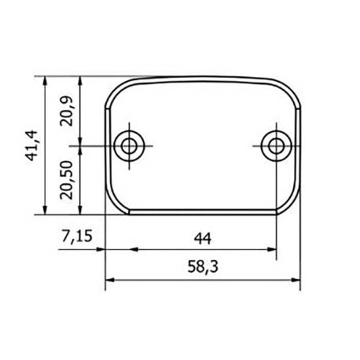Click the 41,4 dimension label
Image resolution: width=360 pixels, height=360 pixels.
[x=33, y=145]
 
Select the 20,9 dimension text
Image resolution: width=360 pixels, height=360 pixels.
[x=67, y=111]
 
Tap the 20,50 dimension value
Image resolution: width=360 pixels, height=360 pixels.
[x=66, y=180]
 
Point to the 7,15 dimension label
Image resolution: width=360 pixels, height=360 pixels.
[x=77, y=236]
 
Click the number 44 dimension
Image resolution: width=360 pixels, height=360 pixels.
[x=203, y=238]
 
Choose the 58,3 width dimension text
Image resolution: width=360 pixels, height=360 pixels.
[x=203, y=267]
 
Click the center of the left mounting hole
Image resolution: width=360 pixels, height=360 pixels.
[x=129, y=146]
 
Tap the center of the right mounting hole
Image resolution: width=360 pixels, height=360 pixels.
[x=276, y=146]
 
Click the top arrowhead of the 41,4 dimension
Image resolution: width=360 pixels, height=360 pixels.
[x=45, y=81]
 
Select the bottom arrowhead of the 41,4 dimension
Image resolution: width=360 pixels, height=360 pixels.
[x=45, y=210]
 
